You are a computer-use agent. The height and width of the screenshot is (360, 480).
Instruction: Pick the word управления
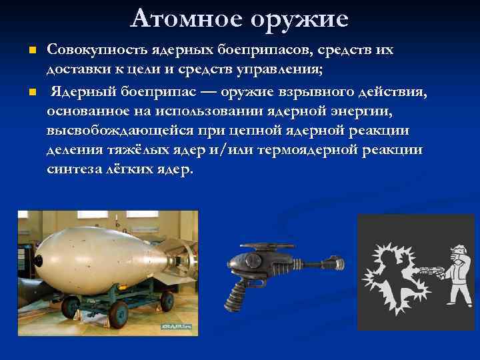point(279,70)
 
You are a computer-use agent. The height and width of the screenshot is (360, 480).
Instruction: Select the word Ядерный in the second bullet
point(81,90)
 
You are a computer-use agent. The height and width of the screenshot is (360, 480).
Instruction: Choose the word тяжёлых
point(137,150)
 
